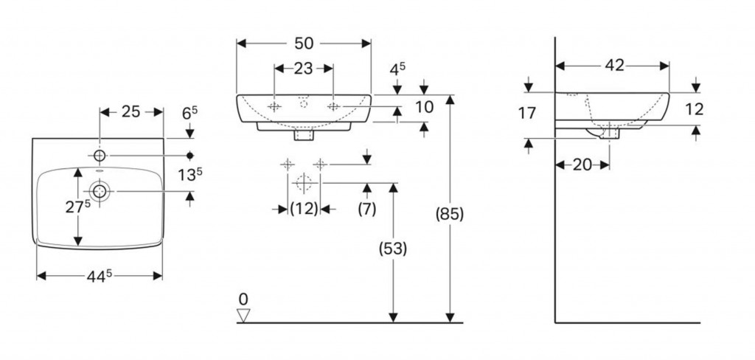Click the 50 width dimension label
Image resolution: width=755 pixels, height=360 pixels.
click(x=304, y=44)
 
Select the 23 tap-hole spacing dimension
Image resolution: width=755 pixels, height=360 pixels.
click(x=303, y=69)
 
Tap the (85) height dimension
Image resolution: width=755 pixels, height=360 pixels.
click(x=449, y=215)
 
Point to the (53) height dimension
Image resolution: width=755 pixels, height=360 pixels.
click(x=394, y=249)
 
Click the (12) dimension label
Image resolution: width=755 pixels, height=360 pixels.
click(x=303, y=209)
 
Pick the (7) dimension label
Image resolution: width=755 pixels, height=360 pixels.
click(x=366, y=209)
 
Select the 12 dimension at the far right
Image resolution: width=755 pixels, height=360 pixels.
click(x=694, y=109)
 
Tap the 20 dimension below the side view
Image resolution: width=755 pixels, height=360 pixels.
click(x=582, y=165)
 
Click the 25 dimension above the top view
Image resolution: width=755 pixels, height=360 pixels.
click(x=131, y=112)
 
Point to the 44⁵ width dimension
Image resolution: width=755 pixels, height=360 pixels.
click(x=100, y=276)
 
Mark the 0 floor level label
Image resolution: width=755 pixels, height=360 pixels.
click(x=243, y=299)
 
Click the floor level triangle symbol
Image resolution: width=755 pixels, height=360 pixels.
click(x=243, y=316)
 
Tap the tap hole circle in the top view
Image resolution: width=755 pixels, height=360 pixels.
click(x=100, y=156)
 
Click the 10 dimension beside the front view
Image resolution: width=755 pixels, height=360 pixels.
click(x=423, y=108)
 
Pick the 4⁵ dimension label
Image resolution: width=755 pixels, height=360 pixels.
click(x=398, y=69)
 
